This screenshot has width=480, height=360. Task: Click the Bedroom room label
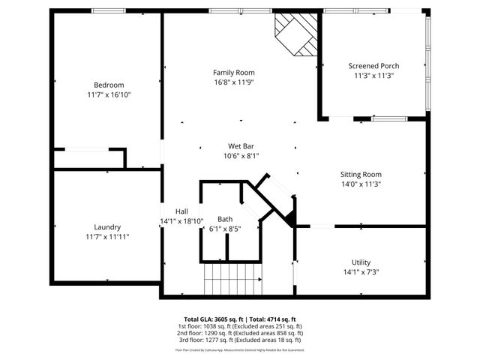[108, 85]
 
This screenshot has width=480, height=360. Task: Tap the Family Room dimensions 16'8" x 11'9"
[233, 82]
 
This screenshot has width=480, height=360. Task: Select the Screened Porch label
[373, 65]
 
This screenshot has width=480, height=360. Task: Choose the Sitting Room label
[362, 173]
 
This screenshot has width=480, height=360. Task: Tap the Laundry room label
[107, 227]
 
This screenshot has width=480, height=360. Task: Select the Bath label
[225, 219]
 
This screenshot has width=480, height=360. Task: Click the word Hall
[181, 211]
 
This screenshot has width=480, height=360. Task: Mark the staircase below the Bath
[232, 283]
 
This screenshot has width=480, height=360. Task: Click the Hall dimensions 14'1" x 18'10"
[181, 221]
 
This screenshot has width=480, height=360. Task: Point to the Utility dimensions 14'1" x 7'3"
[361, 272]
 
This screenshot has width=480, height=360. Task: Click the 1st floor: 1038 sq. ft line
[241, 326]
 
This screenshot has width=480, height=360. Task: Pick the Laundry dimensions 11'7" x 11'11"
[107, 237]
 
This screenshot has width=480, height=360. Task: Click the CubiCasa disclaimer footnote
[241, 349]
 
